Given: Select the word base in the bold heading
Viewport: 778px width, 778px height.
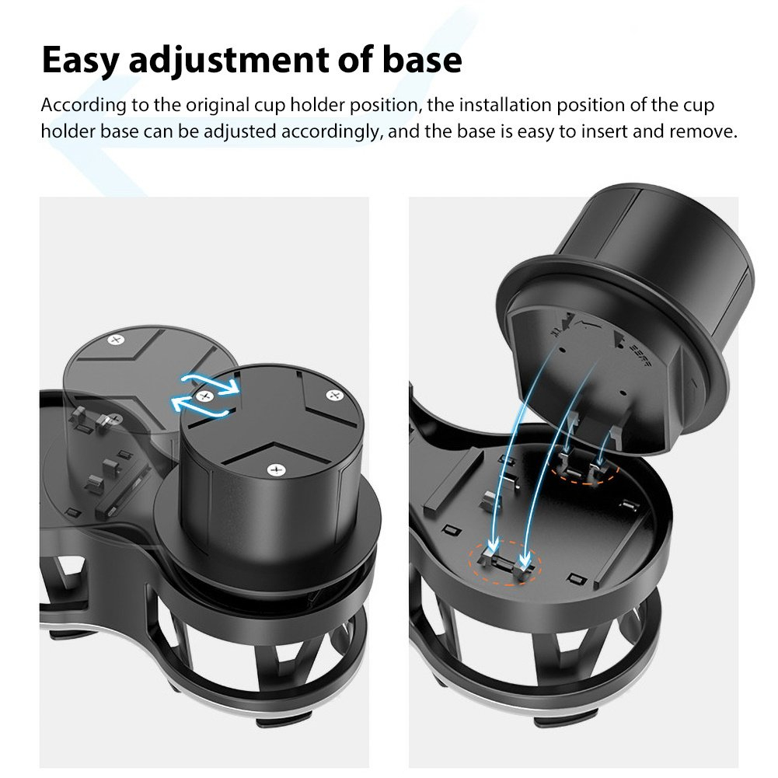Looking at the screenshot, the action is tap(422, 60).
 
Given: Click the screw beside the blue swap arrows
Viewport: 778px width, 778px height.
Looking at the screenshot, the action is tap(204, 396).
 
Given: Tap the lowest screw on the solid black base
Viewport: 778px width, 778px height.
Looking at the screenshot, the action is tap(276, 470).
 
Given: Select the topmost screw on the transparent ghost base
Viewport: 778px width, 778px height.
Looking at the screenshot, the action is tap(117, 340).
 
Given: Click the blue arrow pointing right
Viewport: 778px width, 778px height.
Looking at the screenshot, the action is tap(211, 383).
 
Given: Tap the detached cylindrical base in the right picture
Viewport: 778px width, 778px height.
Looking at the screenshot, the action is tap(625, 318).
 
